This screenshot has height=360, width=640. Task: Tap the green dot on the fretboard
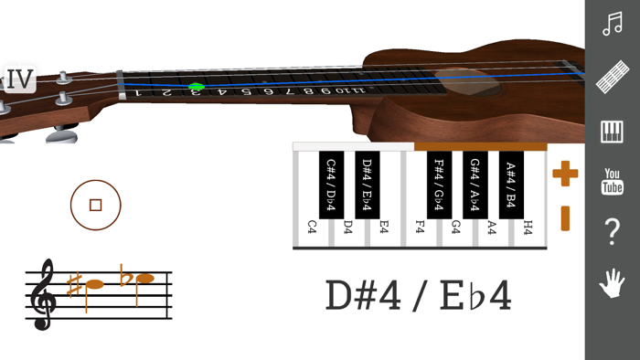[196, 88]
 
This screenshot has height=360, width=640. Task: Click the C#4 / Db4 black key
[331, 184]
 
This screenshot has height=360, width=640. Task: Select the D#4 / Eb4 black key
[367, 184]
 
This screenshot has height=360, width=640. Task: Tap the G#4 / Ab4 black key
[475, 184]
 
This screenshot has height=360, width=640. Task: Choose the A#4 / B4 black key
[511, 184]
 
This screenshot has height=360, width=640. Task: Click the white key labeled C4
[312, 228]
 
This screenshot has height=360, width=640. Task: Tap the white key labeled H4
[528, 228]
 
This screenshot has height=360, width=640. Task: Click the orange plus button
[565, 173]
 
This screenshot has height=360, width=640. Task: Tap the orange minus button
[565, 218]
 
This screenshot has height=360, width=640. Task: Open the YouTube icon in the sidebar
[613, 182]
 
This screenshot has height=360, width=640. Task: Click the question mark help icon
[613, 232]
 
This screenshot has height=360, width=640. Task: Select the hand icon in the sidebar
[613, 283]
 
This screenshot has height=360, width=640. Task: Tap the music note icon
[613, 24]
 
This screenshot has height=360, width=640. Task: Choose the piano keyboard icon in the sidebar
[613, 132]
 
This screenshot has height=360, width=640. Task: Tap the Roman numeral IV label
[19, 80]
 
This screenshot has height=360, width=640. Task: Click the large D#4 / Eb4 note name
[419, 296]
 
